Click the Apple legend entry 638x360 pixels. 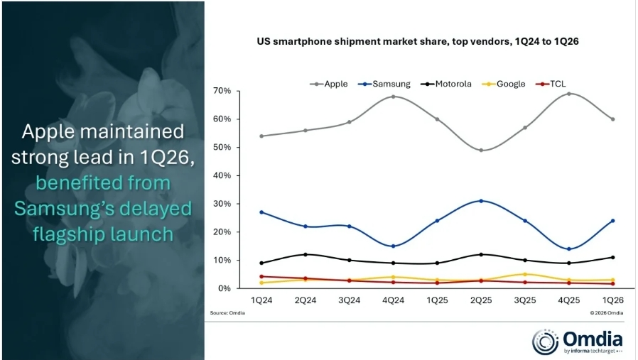329,84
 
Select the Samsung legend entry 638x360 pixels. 384,84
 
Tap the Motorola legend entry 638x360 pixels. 446,84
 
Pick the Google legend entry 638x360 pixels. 504,84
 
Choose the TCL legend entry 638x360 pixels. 551,84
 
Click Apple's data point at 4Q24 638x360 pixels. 393,97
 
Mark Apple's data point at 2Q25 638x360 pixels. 481,150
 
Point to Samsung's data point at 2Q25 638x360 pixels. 481,201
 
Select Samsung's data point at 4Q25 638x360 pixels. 569,249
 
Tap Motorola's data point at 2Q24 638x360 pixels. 306,255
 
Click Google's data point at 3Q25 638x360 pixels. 525,274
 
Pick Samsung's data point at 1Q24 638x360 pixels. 261,212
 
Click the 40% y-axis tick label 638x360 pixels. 222,175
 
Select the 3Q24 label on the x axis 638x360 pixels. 349,300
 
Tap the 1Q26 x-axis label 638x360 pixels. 612,300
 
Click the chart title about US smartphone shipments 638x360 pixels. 418,41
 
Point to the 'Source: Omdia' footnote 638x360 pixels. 227,313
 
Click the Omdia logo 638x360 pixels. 578,342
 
